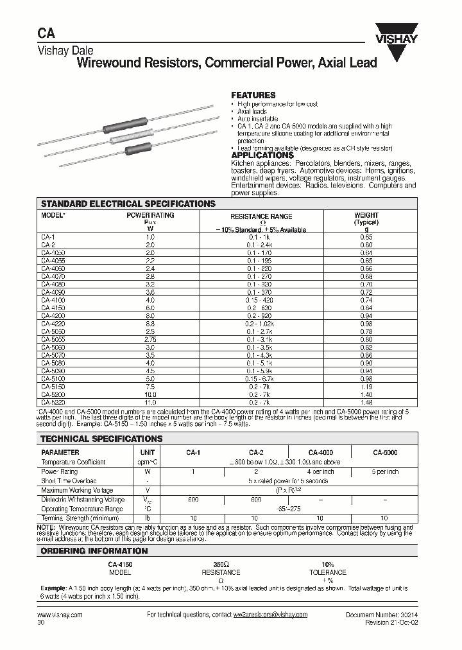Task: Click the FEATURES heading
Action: (x=253, y=95)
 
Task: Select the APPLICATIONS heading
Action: (x=262, y=155)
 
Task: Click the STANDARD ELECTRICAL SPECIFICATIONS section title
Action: (x=128, y=204)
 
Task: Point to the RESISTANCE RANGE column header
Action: (x=261, y=217)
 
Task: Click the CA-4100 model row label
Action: (x=53, y=299)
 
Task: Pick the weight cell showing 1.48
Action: (x=366, y=403)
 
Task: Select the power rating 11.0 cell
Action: (x=150, y=403)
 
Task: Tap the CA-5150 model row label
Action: (x=53, y=387)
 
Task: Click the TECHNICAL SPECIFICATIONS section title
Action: (x=101, y=439)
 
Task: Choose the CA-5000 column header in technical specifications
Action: (x=385, y=453)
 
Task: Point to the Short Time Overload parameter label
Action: (x=69, y=480)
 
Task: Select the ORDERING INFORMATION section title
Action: (x=94, y=551)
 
